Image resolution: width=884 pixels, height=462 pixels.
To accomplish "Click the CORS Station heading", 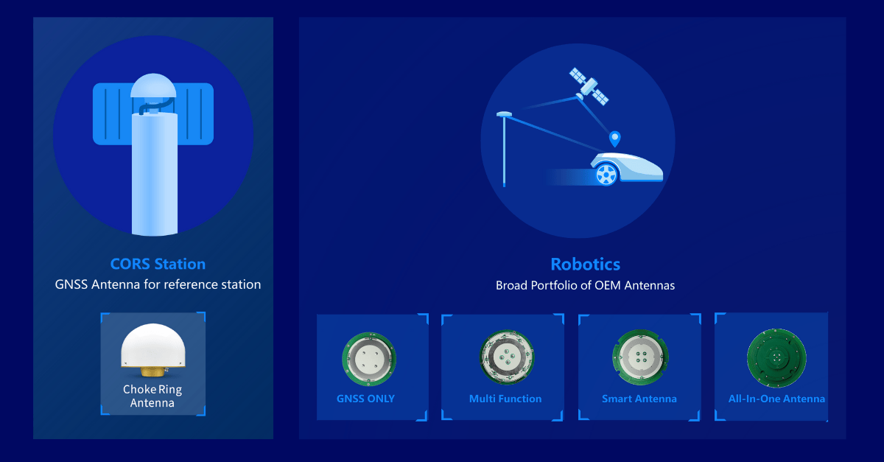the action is tap(158, 264).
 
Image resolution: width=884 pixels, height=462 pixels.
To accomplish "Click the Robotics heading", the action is tap(585, 265).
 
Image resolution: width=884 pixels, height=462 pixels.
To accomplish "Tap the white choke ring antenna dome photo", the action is tap(153, 346).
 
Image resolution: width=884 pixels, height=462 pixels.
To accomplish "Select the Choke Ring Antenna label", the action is tap(152, 396).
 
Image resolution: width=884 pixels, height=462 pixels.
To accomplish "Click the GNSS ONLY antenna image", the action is tap(369, 359).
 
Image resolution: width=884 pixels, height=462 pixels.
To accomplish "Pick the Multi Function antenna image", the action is tap(507, 357).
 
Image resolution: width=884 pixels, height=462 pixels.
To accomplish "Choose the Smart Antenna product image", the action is tap(640, 357).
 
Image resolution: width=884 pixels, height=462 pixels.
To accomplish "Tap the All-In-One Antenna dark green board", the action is tap(776, 358).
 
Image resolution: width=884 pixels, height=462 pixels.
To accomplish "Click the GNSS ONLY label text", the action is tap(365, 399).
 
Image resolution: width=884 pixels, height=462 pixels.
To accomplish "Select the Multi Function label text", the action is tap(505, 399).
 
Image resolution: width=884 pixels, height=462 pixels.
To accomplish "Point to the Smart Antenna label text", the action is tap(639, 399).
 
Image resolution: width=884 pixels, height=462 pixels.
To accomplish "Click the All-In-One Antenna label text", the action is tap(776, 399).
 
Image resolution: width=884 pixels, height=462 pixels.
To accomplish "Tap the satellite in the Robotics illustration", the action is tap(589, 86).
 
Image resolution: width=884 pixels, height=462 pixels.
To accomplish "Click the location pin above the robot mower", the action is tap(614, 139).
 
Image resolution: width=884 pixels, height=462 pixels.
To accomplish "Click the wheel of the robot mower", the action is tap(606, 175).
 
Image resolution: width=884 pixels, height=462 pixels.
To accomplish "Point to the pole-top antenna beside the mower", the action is tap(504, 114).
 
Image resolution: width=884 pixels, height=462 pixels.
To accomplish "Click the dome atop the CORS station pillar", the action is tap(153, 85).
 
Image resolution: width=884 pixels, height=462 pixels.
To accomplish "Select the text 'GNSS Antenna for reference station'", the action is tap(158, 284).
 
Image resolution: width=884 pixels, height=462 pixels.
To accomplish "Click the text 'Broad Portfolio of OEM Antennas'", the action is tap(585, 285).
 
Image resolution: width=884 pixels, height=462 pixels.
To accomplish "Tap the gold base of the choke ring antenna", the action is tap(153, 371).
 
